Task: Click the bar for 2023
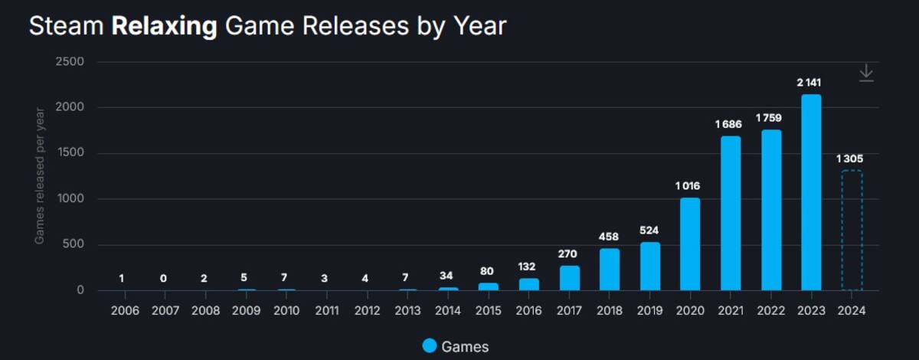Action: pos(811,192)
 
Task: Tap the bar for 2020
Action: pos(690,244)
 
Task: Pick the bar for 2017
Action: pos(570,278)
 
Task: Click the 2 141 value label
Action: pos(809,83)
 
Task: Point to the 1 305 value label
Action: pos(849,159)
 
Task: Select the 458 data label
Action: pos(608,237)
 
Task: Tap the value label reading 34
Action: pos(446,276)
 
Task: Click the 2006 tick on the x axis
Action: pos(125,310)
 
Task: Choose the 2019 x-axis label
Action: pos(650,310)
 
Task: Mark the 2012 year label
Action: pos(367,310)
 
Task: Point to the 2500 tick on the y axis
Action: pos(70,61)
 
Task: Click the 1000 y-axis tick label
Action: pos(70,198)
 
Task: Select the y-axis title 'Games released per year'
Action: pos(39,175)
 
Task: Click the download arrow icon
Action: pos(866,73)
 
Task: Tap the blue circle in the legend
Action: pos(430,345)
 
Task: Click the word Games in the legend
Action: pos(465,347)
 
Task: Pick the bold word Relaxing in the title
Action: pos(164,27)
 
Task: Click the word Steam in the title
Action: pos(67,26)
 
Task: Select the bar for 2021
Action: pos(731,213)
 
